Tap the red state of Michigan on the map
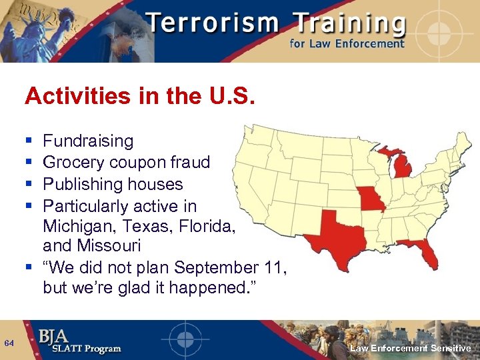click(x=402, y=165)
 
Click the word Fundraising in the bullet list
click(x=88, y=141)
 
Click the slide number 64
click(x=9, y=343)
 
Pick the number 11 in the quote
click(x=277, y=268)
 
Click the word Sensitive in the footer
click(x=451, y=349)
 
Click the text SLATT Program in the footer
click(x=79, y=349)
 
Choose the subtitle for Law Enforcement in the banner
click(x=347, y=44)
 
